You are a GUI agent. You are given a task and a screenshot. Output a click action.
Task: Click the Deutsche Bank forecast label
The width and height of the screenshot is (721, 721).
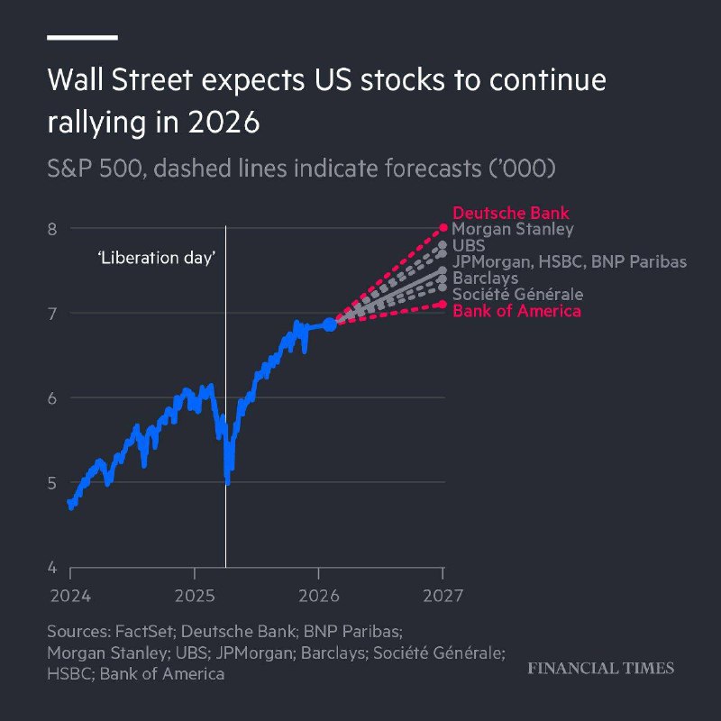pos(511,213)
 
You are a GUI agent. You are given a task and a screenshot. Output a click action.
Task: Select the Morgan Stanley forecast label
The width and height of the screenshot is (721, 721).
pos(513,230)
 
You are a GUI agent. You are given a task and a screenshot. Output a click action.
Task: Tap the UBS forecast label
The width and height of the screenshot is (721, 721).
pos(469,245)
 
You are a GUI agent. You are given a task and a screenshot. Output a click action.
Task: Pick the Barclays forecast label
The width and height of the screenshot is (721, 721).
pos(485,278)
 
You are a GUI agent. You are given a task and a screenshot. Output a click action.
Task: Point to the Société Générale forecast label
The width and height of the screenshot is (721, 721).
pos(517,295)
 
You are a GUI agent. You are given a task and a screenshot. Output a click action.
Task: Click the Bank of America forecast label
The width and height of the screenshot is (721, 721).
pos(516,311)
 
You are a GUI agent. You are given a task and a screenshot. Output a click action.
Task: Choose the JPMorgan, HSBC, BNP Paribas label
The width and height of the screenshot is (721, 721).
pos(570,261)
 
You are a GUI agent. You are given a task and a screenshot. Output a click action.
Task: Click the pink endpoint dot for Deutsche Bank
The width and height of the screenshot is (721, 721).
pos(443,227)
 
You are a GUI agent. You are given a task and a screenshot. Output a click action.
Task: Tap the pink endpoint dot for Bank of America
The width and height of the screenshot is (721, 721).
pos(443,304)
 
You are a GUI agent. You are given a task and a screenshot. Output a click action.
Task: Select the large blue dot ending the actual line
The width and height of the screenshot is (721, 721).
pos(330,324)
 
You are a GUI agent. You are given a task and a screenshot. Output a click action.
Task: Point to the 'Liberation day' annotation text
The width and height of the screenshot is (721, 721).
pos(156,258)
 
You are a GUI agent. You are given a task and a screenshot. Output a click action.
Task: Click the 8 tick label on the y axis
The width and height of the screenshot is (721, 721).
pos(52,229)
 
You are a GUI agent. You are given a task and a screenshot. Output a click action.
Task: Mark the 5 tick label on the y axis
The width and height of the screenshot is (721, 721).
pos(52,483)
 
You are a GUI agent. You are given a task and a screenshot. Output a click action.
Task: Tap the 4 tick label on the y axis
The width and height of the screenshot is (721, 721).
pos(52,568)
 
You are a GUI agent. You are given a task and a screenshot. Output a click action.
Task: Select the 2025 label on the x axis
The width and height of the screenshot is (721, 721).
pos(195,596)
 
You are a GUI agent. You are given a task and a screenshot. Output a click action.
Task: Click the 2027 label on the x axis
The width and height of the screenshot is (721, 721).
pos(443,596)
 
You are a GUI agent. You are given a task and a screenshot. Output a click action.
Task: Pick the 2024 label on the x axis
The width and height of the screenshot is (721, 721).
pos(70,596)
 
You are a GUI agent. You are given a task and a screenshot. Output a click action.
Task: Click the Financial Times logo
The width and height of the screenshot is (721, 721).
pos(600,668)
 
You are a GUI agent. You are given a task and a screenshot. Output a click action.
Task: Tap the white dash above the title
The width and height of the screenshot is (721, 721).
pos(82,38)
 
